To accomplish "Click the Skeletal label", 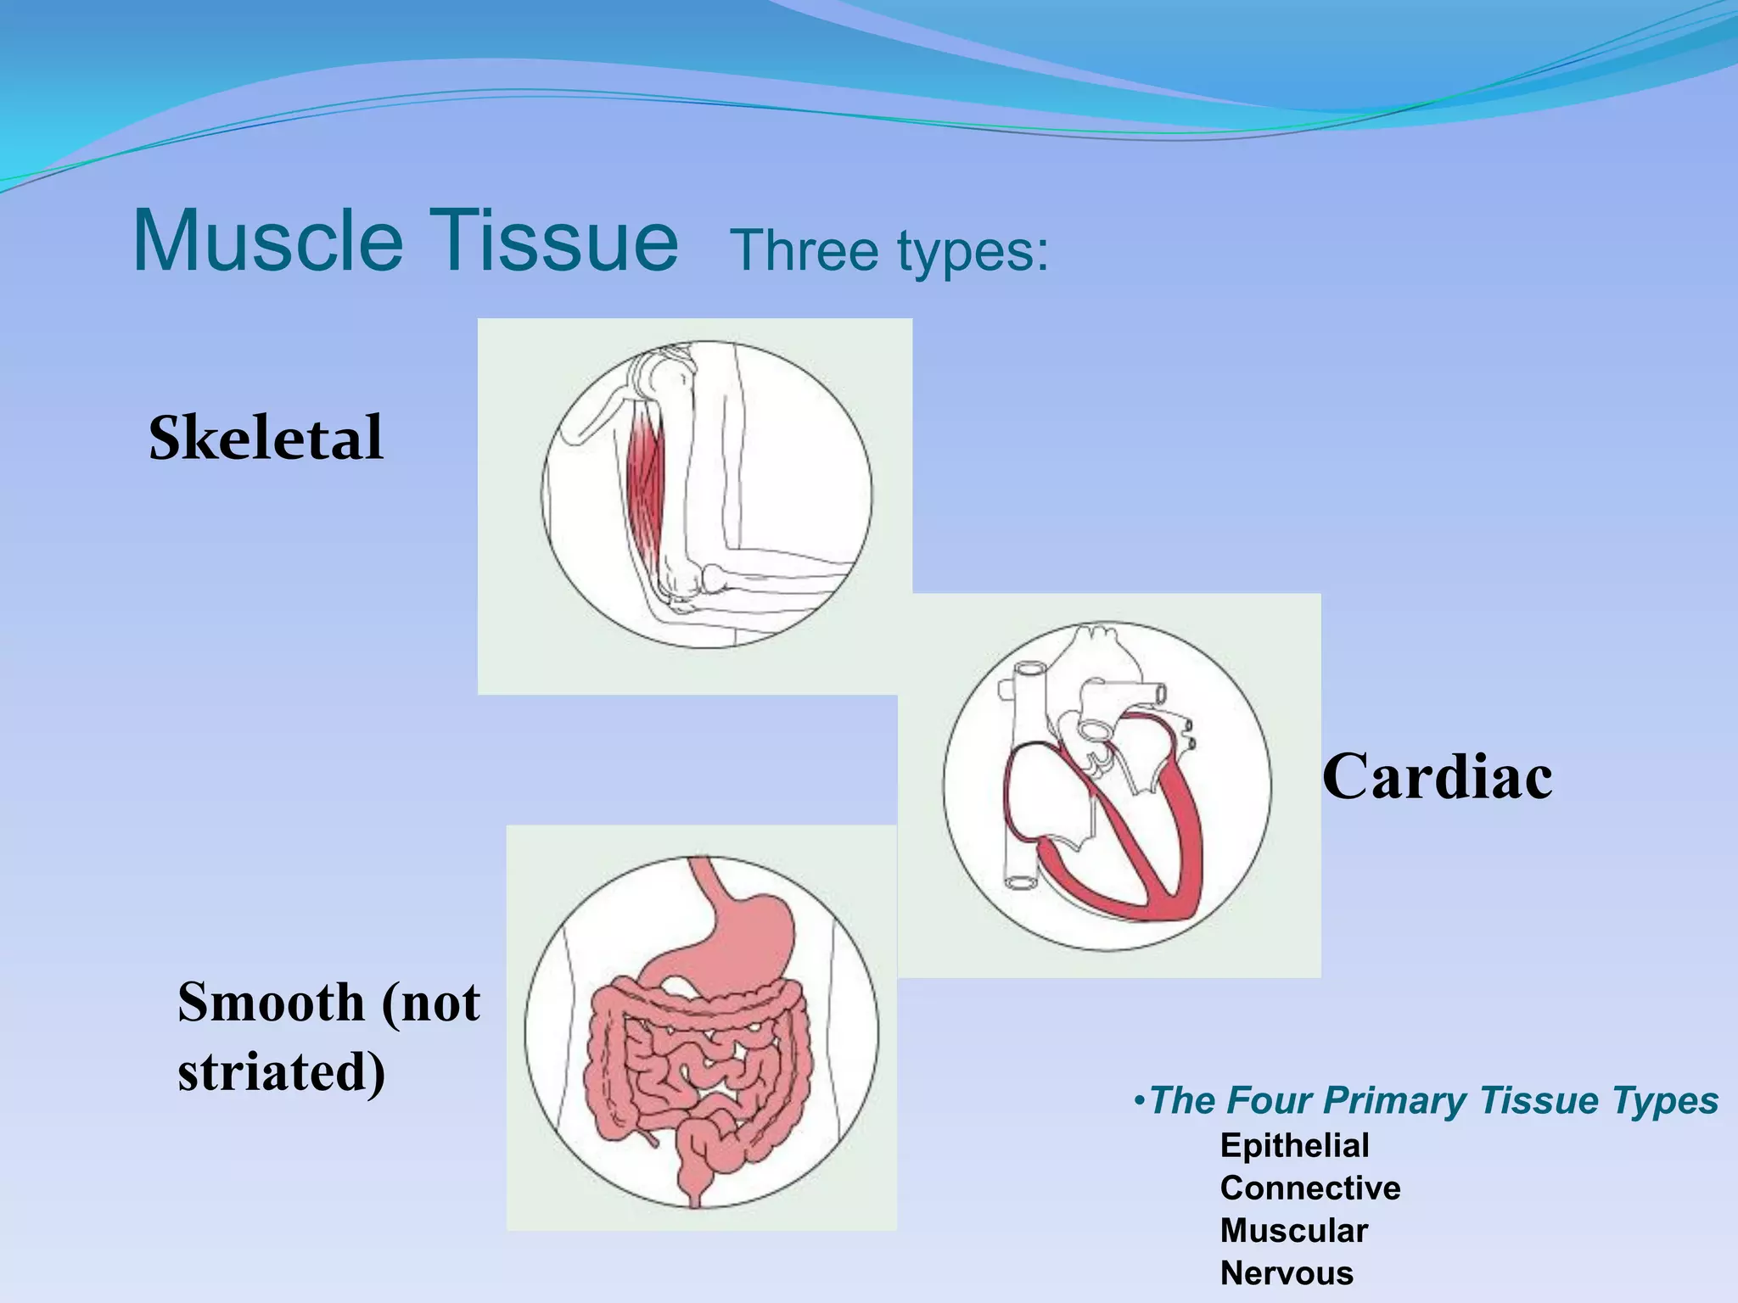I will coord(266,439).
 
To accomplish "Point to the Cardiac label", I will coord(1437,777).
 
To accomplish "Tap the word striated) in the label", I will coord(281,1071).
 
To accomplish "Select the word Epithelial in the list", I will coord(1294,1146).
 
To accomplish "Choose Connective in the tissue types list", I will coord(1309,1188).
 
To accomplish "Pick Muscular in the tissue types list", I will coord(1293,1231).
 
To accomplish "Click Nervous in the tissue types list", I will coord(1286,1273).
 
